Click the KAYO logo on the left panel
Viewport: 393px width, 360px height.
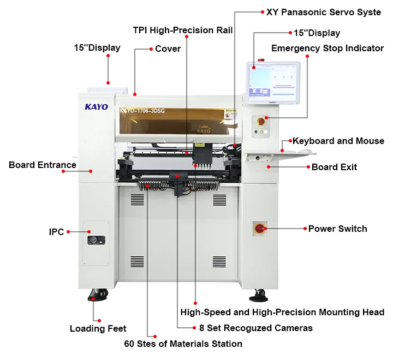[x=96, y=107]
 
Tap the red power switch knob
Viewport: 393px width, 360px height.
[x=260, y=228]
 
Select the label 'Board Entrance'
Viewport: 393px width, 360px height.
[x=43, y=165]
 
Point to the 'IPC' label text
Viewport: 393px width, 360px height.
[x=57, y=232]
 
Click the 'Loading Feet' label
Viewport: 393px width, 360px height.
[x=98, y=328]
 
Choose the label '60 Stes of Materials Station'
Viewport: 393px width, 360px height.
[x=183, y=344]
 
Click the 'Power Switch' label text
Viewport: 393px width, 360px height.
[x=338, y=229]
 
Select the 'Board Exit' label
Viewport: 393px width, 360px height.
[x=334, y=167]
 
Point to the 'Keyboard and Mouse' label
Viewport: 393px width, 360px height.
[x=338, y=141]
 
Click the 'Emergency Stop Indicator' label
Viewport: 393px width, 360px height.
[x=327, y=48]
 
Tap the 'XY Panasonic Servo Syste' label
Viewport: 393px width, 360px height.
[x=324, y=12]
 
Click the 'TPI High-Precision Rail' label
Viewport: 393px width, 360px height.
[x=183, y=30]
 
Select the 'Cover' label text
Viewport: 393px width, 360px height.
[x=168, y=49]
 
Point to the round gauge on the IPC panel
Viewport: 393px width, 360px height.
[x=96, y=239]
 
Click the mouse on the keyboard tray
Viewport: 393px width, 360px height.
[x=306, y=152]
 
